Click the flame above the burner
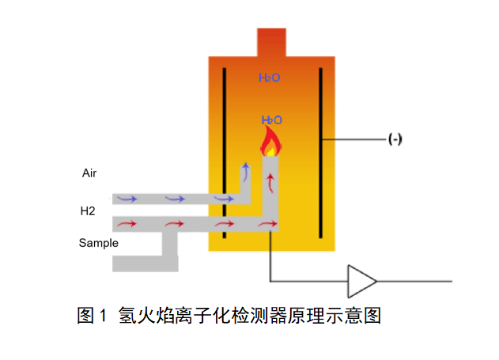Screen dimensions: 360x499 click(270, 142)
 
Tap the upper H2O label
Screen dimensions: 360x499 click(270, 78)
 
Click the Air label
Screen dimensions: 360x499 click(89, 172)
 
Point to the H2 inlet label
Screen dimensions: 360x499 click(87, 211)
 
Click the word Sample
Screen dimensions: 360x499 click(98, 243)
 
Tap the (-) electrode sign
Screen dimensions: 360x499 click(395, 140)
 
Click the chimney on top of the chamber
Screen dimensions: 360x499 click(271, 42)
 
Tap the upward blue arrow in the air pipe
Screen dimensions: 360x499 click(245, 171)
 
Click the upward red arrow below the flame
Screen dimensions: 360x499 click(272, 184)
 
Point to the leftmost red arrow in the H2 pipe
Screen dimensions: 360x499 click(127, 225)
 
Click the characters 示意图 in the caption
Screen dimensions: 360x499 click(355, 316)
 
